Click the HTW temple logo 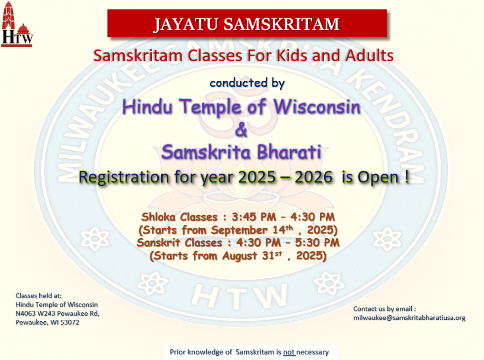tap(17, 24)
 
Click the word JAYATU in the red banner tap(186, 25)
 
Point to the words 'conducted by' tap(247, 83)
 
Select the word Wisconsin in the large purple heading tap(317, 107)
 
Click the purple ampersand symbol tap(242, 129)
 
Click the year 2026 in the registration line tap(314, 177)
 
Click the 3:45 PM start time tap(254, 217)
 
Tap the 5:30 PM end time tap(317, 242)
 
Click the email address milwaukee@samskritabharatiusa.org tap(409, 318)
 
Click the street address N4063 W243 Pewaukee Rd tap(57, 314)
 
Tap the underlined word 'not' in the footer tap(289, 352)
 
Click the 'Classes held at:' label tap(39, 296)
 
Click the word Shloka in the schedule tap(158, 217)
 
